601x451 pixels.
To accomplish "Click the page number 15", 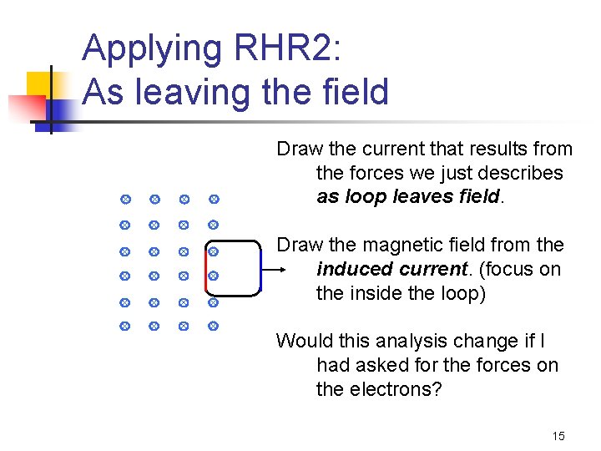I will coord(558,436).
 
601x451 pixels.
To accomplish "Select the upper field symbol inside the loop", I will coord(213,251).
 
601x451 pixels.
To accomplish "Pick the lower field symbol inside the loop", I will coord(213,276).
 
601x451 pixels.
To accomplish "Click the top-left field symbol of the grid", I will coord(124,200).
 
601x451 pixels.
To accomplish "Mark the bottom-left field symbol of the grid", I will coord(124,325).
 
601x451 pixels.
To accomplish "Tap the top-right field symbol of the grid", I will coord(213,200).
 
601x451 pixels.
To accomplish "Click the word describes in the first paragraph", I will coord(523,174).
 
